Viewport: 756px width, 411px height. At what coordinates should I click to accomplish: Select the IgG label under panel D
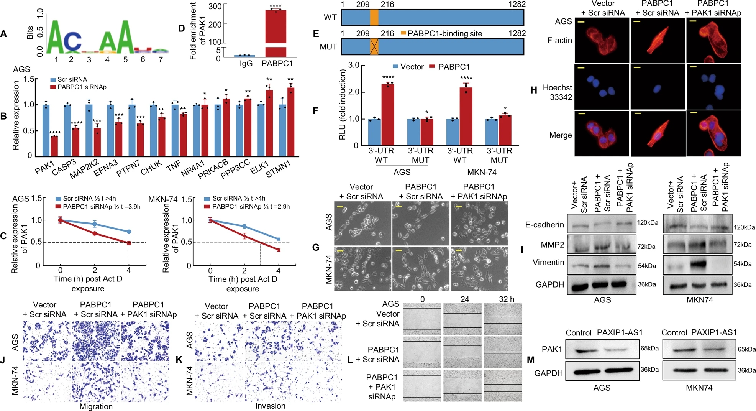(x=246, y=63)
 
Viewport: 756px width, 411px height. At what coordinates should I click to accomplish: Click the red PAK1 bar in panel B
(x=54, y=146)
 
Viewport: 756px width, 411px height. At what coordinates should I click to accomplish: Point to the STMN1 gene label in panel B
(x=279, y=169)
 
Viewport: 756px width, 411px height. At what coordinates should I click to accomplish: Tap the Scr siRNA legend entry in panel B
(x=69, y=79)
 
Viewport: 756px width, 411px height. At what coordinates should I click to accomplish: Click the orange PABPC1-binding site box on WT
(x=374, y=18)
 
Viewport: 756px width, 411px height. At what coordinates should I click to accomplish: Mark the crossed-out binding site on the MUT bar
(x=374, y=46)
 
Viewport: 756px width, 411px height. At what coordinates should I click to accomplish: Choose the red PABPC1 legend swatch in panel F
(x=432, y=67)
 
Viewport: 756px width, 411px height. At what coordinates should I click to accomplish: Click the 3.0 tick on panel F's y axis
(x=354, y=65)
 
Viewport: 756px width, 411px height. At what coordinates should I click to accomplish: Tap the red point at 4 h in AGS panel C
(x=129, y=243)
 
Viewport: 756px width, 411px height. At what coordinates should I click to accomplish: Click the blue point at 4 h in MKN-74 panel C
(x=279, y=239)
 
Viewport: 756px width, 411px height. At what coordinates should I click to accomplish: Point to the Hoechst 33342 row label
(x=557, y=92)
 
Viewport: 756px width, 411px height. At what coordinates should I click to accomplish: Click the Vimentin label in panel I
(x=548, y=262)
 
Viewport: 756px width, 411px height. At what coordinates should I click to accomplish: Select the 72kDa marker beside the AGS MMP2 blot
(x=646, y=247)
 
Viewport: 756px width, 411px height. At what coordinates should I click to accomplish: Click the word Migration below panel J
(x=96, y=406)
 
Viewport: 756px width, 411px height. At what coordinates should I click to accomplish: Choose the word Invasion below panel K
(x=270, y=406)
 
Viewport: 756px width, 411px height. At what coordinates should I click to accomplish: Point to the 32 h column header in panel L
(x=506, y=299)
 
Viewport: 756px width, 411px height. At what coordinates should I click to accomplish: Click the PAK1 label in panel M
(x=552, y=349)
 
